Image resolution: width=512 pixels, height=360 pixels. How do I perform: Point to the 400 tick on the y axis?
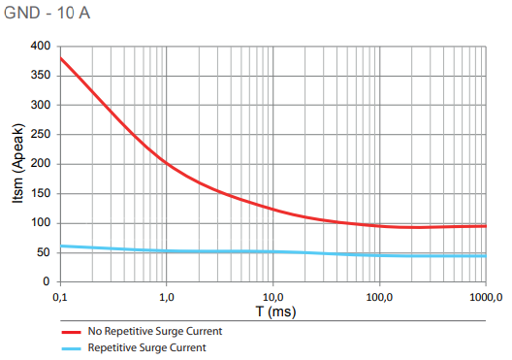(40, 46)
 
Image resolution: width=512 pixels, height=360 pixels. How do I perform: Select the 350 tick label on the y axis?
(40, 76)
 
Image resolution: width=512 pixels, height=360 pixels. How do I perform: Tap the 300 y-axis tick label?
(40, 105)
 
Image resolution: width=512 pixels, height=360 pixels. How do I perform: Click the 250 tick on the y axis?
(40, 135)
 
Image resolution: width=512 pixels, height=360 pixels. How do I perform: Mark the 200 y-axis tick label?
(40, 164)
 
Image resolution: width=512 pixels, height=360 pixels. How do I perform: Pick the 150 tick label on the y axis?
(40, 194)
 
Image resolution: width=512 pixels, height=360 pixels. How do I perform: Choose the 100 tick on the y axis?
(40, 223)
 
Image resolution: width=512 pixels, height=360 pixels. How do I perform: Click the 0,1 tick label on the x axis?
(60, 296)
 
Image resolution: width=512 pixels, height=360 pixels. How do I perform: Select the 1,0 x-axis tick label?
(166, 296)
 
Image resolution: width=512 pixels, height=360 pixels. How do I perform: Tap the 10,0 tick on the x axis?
(272, 296)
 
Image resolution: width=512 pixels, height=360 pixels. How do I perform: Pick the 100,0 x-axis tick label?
(378, 296)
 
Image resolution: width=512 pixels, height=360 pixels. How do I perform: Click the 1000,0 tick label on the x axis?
(483, 296)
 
